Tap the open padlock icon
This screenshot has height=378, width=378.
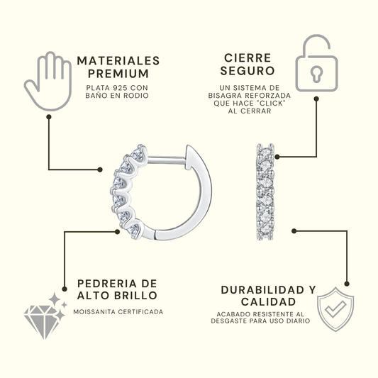point(316,63)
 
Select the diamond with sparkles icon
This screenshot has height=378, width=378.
point(45,316)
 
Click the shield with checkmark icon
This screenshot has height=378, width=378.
point(335,308)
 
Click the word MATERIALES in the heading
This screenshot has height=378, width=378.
point(118,61)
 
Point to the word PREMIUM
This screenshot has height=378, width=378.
point(118,74)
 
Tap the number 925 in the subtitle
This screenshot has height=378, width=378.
point(120,88)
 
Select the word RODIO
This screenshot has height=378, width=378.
point(136,96)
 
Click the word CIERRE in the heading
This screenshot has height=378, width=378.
point(248,58)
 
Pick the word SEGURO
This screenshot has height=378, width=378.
point(248,71)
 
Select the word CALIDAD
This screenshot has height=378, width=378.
point(268,302)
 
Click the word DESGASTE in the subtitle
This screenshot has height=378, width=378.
point(229,321)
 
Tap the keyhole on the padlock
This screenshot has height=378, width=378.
point(316,74)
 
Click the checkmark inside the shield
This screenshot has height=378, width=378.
point(335,308)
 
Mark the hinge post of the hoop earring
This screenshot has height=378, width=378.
point(167,160)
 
